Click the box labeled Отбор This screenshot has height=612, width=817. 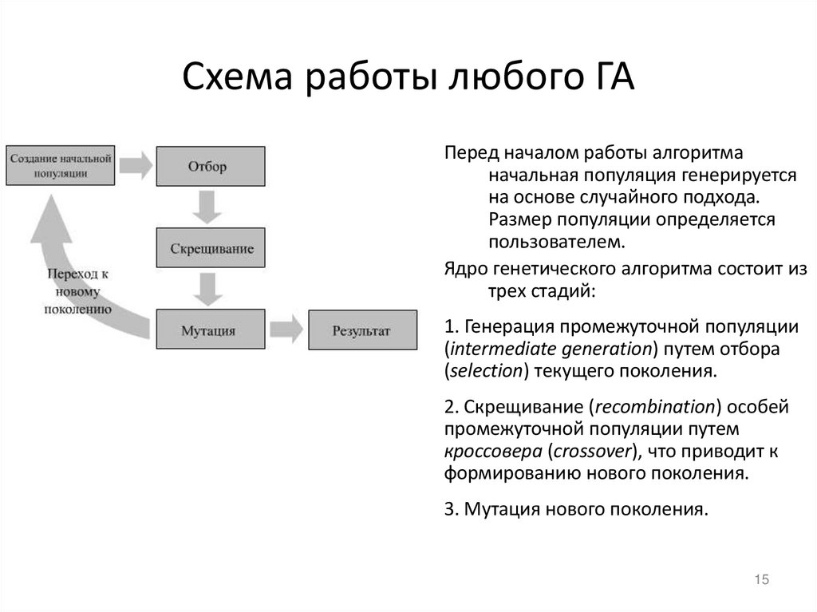207,167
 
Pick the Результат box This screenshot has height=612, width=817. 361,330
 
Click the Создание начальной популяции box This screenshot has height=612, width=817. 60,165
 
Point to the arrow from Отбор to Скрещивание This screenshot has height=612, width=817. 209,207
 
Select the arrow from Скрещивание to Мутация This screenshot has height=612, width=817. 209,289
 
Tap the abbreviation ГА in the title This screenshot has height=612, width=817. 610,79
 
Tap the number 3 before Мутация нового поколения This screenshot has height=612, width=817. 448,508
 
